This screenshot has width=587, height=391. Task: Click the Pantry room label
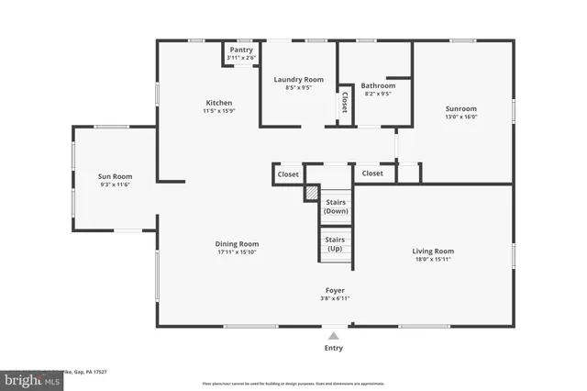point(241,50)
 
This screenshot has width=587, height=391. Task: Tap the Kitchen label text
point(218,103)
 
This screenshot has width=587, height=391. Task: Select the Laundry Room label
point(299,80)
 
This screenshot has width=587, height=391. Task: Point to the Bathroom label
point(377,84)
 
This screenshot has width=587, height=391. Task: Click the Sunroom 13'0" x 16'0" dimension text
point(461,117)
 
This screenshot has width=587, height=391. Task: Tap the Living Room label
point(433,251)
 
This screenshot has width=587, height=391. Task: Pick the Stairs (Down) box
point(335,207)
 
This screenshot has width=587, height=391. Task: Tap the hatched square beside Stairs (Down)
point(311,194)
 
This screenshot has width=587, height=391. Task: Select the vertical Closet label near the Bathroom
point(345,102)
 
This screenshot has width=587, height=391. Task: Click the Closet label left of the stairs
point(288,173)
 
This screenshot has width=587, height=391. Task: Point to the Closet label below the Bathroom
point(372,173)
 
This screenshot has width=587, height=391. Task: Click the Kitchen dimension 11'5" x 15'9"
point(218,111)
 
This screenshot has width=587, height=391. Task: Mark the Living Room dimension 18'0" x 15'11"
point(433,259)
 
